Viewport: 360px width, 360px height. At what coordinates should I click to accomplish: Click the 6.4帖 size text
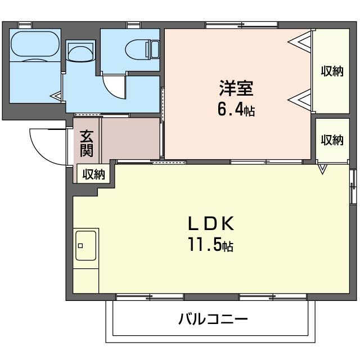pyautogui.click(x=236, y=110)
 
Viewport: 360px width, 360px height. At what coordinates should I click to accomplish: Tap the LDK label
pyautogui.click(x=210, y=224)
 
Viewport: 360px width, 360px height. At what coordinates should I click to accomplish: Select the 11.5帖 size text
pyautogui.click(x=210, y=245)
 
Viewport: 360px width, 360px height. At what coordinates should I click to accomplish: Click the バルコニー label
pyautogui.click(x=213, y=319)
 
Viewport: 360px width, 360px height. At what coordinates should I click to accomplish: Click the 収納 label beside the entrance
pyautogui.click(x=94, y=174)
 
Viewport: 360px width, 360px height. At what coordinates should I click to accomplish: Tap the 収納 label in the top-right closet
pyautogui.click(x=332, y=71)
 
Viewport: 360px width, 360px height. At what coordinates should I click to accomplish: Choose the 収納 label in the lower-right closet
pyautogui.click(x=332, y=139)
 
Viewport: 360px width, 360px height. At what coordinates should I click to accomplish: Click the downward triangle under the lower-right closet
pyautogui.click(x=323, y=168)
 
